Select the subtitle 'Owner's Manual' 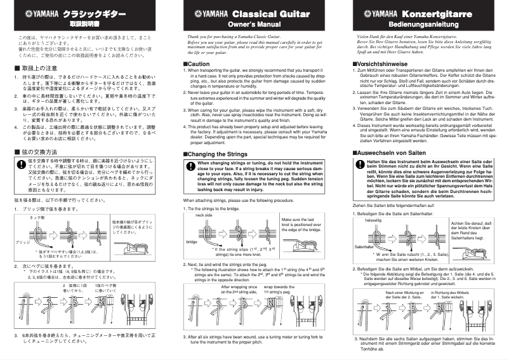(254, 23)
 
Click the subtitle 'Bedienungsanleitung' (423, 23)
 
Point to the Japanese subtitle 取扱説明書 (84, 23)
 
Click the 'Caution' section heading (196, 65)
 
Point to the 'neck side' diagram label (204, 215)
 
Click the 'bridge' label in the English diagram (192, 241)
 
